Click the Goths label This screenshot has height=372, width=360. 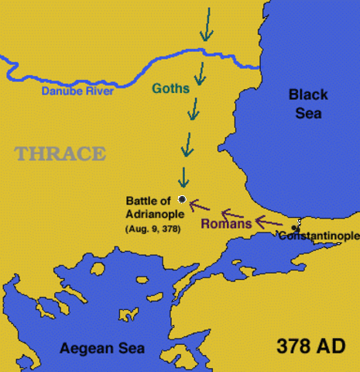[x=170, y=89]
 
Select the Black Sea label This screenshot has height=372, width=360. [x=308, y=103]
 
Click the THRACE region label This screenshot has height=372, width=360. [x=60, y=153]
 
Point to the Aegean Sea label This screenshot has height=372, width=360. [x=102, y=348]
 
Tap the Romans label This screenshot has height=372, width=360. [x=226, y=224]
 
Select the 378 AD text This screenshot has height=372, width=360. [x=310, y=346]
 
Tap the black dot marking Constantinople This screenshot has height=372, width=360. [x=294, y=228]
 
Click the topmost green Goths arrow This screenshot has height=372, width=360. [x=205, y=26]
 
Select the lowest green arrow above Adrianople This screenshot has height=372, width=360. [x=183, y=177]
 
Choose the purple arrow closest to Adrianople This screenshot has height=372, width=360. [x=201, y=205]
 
